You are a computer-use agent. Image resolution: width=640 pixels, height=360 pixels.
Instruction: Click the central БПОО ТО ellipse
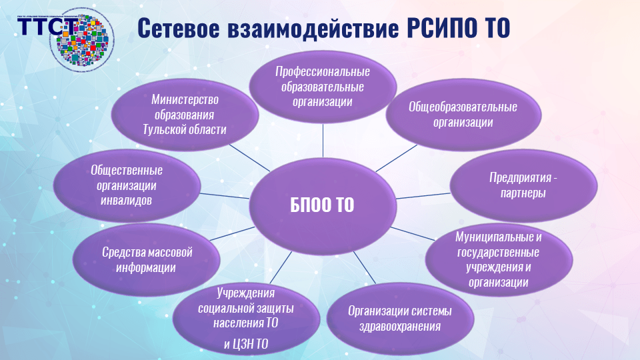[322, 204]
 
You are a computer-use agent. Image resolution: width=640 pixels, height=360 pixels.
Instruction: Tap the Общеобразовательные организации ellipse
[463, 115]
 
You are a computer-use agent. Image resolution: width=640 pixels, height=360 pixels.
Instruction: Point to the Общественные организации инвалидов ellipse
[127, 185]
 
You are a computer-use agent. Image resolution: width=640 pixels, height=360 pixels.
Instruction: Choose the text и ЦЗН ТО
[247, 344]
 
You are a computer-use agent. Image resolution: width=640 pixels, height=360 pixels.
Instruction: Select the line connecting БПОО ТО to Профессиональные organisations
[323, 143]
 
